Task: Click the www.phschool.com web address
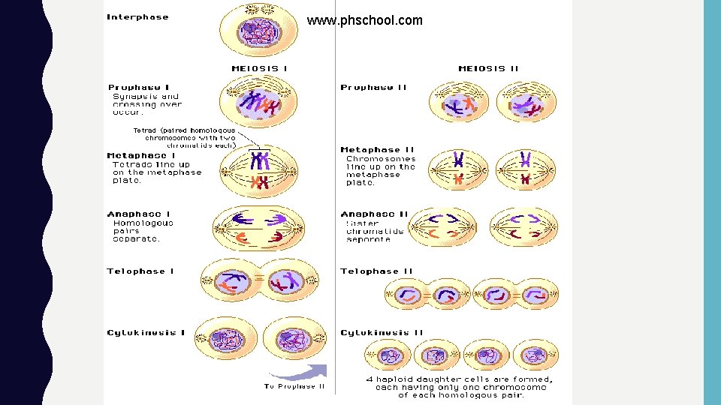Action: [x=364, y=21]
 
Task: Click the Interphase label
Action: [x=138, y=17]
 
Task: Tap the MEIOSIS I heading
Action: [x=259, y=68]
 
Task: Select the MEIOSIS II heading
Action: [x=488, y=68]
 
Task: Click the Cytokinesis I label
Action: [x=146, y=332]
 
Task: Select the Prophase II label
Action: [x=373, y=88]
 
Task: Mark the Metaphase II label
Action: [x=377, y=150]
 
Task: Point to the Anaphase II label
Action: [x=374, y=214]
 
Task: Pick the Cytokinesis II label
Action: [x=382, y=332]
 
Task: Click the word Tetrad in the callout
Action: [x=144, y=130]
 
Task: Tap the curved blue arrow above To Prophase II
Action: [x=298, y=372]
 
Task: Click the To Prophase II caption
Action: [x=294, y=386]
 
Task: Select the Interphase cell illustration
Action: [x=258, y=31]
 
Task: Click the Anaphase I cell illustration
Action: [x=259, y=229]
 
